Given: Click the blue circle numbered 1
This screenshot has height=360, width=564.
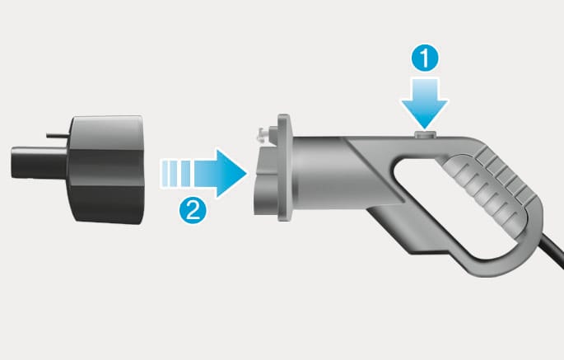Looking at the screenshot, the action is pyautogui.click(x=425, y=58).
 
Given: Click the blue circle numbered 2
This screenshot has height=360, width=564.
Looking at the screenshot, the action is pyautogui.click(x=193, y=210).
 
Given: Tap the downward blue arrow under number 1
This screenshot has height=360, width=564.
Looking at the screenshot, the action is pyautogui.click(x=425, y=104).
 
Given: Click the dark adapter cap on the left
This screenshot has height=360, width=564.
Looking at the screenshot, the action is pyautogui.click(x=106, y=170).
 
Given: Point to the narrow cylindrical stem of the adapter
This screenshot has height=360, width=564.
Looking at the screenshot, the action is pyautogui.click(x=40, y=162).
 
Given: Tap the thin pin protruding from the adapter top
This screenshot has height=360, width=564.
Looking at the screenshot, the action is pyautogui.click(x=58, y=135).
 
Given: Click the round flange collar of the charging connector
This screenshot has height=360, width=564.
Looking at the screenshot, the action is pyautogui.click(x=284, y=167).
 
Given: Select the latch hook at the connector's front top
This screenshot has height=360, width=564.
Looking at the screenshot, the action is pyautogui.click(x=263, y=135).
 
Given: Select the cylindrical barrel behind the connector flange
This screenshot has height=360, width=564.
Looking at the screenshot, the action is pyautogui.click(x=316, y=172).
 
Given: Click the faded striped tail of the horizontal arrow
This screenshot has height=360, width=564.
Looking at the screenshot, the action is pyautogui.click(x=176, y=174).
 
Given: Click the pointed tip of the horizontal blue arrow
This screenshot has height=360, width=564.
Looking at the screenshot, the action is pyautogui.click(x=246, y=174).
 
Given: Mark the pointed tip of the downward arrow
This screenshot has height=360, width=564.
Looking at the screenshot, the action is pyautogui.click(x=425, y=129).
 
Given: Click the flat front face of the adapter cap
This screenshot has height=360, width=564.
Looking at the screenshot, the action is pyautogui.click(x=142, y=170).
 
